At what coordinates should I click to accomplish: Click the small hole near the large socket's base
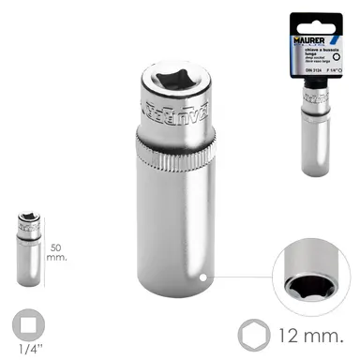209,277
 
